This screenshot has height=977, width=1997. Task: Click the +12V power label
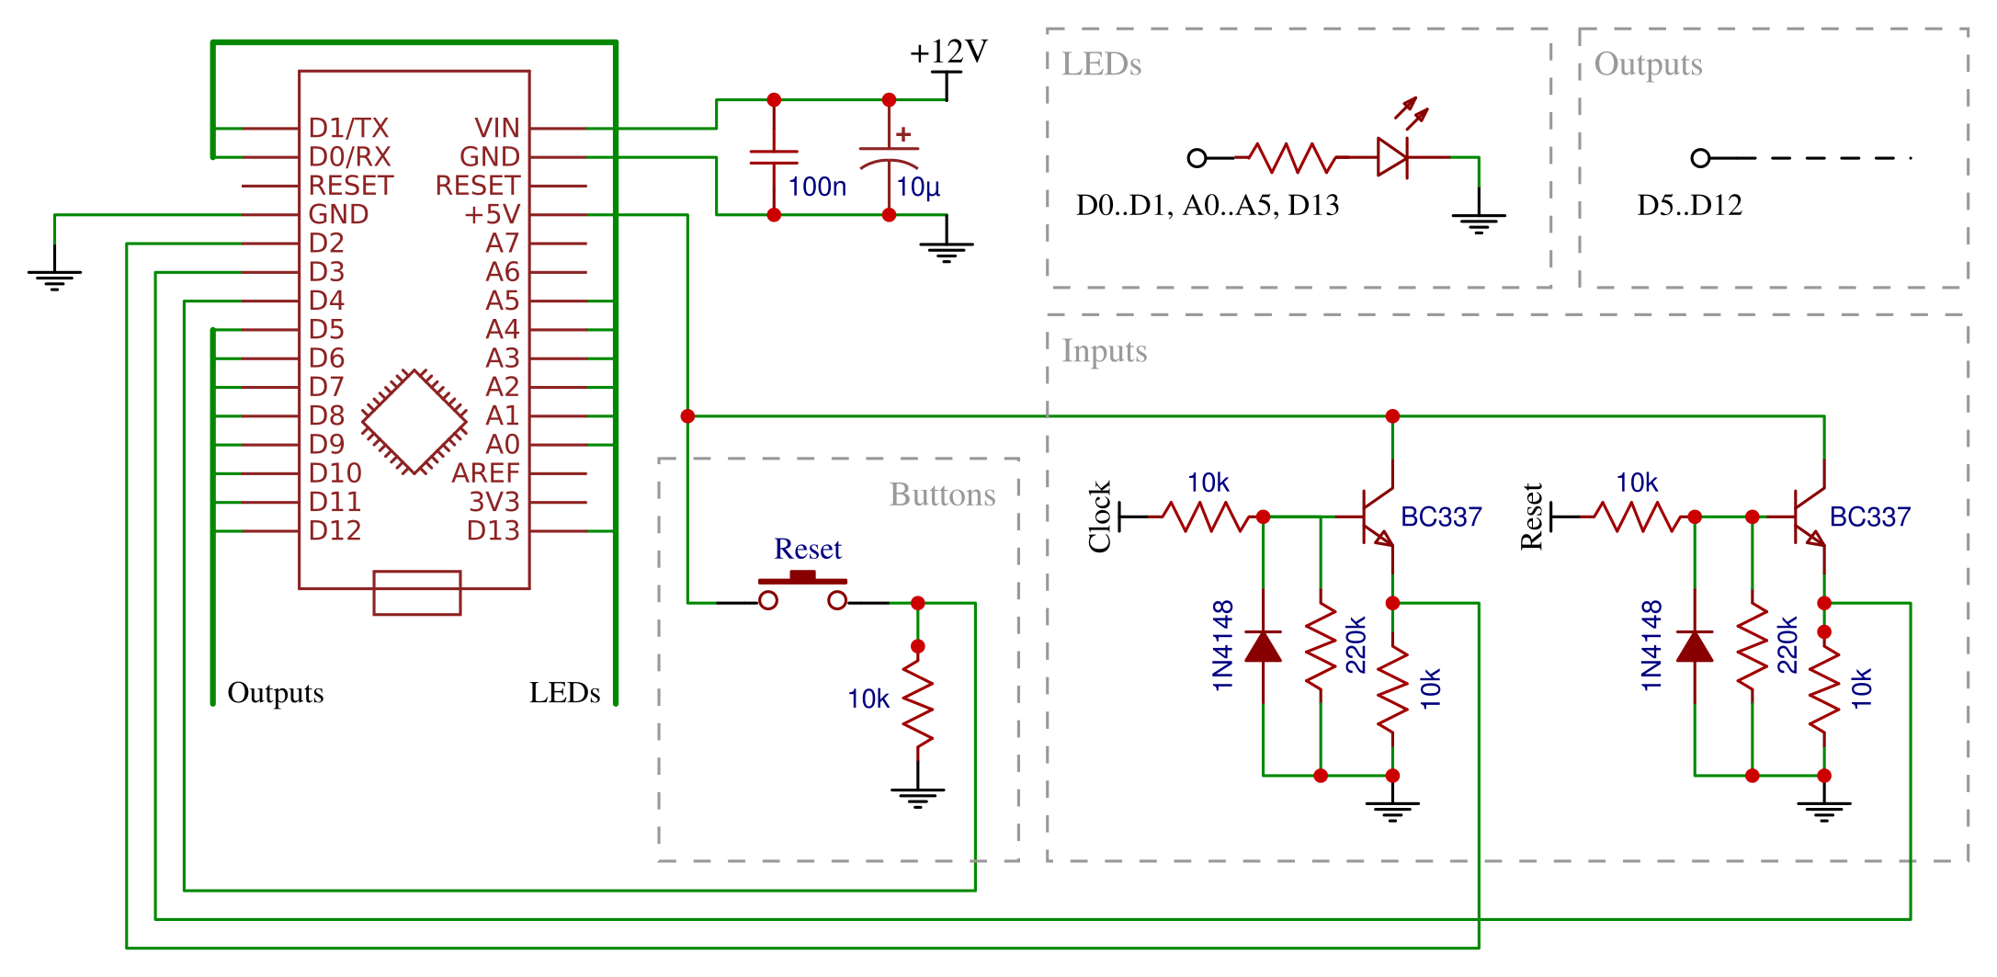948,51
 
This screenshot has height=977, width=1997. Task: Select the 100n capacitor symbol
774,157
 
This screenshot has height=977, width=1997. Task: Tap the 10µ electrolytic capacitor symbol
889,157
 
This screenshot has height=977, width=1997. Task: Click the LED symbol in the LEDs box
1392,157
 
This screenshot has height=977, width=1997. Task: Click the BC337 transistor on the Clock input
1378,517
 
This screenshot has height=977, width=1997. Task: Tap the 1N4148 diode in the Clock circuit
1263,646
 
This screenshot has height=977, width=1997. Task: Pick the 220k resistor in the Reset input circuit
1753,646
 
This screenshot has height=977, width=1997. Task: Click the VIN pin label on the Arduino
497,128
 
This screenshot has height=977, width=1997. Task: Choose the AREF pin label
485,473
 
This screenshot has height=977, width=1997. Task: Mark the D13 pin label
493,531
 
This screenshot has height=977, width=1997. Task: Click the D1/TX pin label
348,128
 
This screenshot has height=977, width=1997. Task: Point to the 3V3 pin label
494,502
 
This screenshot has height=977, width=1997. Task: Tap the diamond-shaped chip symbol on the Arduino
414,422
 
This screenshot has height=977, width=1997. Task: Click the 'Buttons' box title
942,494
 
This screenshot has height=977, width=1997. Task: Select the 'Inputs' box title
1104,351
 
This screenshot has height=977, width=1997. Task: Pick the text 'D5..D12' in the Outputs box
1689,205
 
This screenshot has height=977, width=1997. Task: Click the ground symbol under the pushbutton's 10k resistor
917,796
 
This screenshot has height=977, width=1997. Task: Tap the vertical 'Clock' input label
1100,517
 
